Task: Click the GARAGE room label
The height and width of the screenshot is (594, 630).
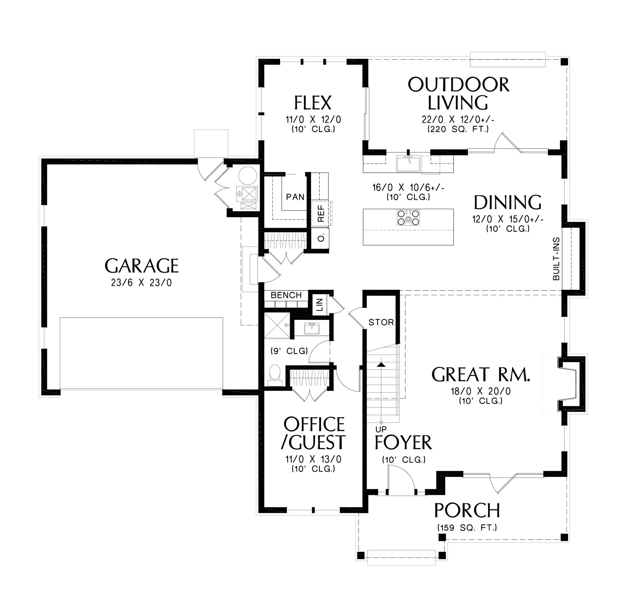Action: tap(142, 266)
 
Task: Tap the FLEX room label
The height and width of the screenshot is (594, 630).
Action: tap(313, 103)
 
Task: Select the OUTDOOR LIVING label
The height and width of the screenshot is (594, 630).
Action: tap(458, 94)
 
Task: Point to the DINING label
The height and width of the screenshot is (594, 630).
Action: tap(508, 203)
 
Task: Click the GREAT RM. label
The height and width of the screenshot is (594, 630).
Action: tap(481, 375)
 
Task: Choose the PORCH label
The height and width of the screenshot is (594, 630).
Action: tap(467, 511)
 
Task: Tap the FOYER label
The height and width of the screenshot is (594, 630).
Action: tap(403, 443)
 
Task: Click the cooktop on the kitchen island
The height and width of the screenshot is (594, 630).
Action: tap(408, 218)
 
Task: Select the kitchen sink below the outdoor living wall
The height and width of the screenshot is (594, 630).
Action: tap(408, 164)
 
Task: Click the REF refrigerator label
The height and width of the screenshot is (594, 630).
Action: tap(321, 214)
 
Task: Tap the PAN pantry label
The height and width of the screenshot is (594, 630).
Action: tap(295, 197)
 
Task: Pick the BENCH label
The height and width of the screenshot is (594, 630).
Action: tap(286, 295)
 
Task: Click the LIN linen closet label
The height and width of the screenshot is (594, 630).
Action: tap(320, 305)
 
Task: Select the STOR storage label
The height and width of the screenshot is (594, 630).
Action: tap(381, 322)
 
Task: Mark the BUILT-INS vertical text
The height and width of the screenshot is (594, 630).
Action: tap(556, 259)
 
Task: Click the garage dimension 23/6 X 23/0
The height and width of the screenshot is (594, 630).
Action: tap(141, 283)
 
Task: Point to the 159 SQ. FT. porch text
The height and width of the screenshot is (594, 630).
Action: tap(467, 528)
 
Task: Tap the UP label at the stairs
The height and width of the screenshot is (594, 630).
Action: tap(381, 430)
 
